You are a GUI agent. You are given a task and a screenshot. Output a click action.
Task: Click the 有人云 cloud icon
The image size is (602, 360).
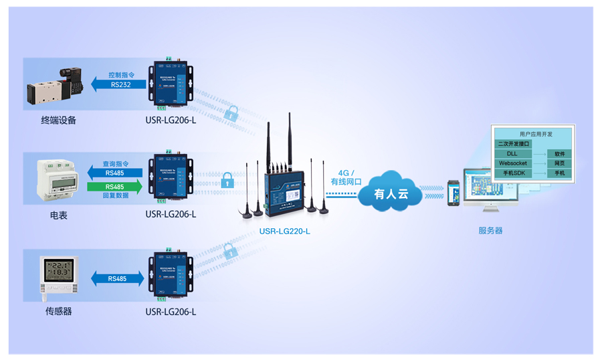pyautogui.click(x=391, y=194)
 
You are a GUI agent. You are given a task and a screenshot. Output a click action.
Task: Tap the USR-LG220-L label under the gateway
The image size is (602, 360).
pyautogui.click(x=285, y=232)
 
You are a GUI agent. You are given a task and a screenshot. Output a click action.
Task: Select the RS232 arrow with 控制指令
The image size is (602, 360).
pyautogui.click(x=118, y=84)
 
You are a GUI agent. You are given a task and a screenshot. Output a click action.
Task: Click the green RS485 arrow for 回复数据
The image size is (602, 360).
pyautogui.click(x=115, y=187)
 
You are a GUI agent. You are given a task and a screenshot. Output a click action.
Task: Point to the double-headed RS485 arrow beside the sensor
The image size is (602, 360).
pyautogui.click(x=117, y=279)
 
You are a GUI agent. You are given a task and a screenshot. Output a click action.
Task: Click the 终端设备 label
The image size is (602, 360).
pyautogui.click(x=58, y=120)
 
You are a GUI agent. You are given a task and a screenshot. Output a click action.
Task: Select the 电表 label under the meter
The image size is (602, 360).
pyautogui.click(x=58, y=215)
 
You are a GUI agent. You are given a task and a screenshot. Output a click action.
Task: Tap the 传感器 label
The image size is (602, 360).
pyautogui.click(x=58, y=312)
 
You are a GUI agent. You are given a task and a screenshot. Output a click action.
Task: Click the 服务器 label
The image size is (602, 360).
pyautogui.click(x=490, y=231)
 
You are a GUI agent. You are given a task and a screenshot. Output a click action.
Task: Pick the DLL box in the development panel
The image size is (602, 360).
pyautogui.click(x=512, y=154)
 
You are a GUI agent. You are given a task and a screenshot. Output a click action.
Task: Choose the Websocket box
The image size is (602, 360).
pyautogui.click(x=513, y=163)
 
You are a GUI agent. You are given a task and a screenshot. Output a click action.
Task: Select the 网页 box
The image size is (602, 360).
pyautogui.click(x=559, y=163)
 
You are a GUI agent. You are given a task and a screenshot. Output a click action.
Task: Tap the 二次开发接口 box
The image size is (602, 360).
pyautogui.click(x=514, y=144)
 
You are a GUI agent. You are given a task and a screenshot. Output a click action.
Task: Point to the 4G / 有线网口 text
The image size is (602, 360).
pyautogui.click(x=346, y=177)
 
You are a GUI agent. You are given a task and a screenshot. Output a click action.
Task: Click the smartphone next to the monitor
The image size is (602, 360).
pyautogui.click(x=454, y=193)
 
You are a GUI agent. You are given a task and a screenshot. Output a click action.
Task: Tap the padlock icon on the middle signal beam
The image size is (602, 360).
pyautogui.click(x=227, y=180)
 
